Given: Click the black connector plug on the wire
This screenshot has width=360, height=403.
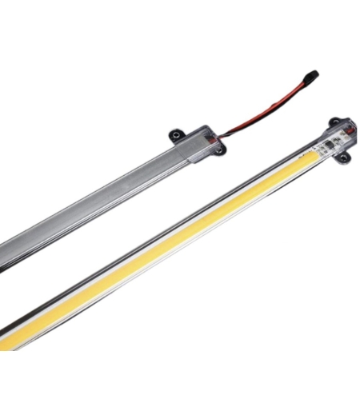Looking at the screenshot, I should [310, 77].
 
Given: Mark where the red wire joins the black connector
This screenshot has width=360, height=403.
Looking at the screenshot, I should [302, 82].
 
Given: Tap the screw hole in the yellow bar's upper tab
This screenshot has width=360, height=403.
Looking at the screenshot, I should [334, 122].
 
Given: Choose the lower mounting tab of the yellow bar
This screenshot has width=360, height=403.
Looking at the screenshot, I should [343, 158].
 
